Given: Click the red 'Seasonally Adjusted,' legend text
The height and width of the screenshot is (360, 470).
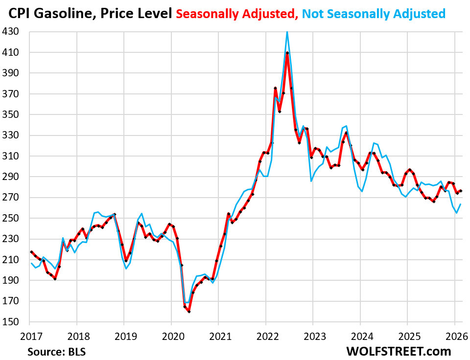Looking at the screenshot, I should click(x=237, y=13).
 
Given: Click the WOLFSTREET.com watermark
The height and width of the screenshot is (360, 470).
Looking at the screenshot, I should click(x=399, y=351).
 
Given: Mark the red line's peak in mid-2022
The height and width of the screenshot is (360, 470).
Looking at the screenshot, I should click(x=287, y=52).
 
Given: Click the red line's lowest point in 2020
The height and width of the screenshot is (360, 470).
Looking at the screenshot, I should click(x=189, y=312).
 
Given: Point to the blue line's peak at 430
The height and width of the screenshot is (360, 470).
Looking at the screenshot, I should click(x=287, y=32).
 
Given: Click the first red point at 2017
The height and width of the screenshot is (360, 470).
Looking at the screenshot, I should click(x=31, y=252).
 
